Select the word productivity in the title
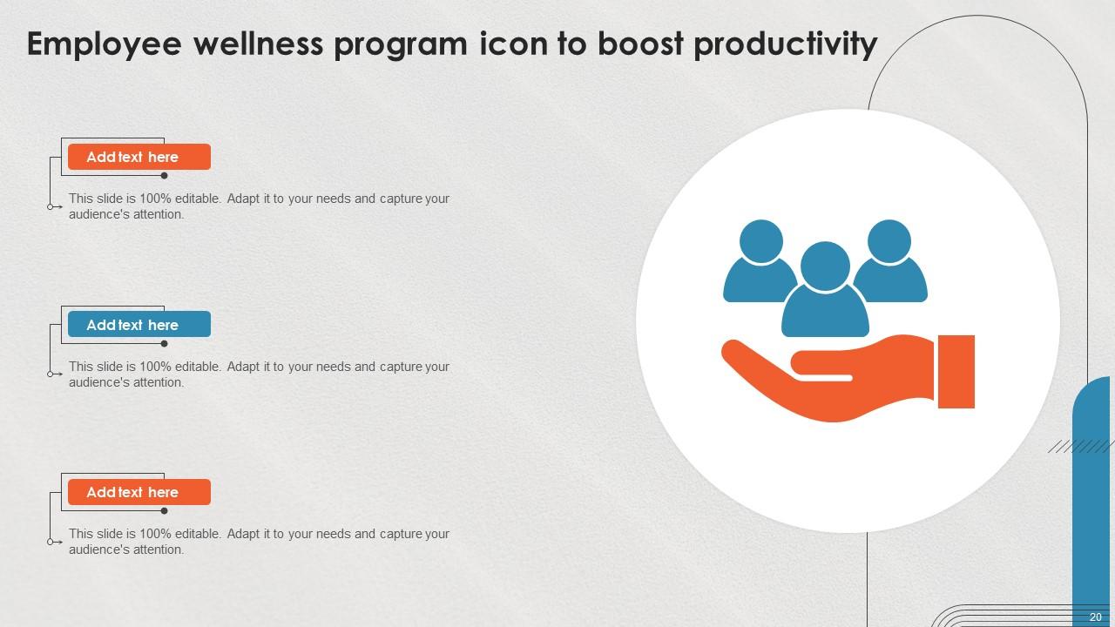coord(785,44)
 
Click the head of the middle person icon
coord(825,266)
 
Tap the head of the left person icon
coord(760,241)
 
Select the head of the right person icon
coord(889,241)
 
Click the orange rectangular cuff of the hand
coord(956,371)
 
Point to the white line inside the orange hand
coord(822,377)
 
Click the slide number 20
coord(1096,617)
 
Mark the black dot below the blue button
coord(164,343)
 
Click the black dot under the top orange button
coord(164,175)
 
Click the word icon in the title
coord(513,44)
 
